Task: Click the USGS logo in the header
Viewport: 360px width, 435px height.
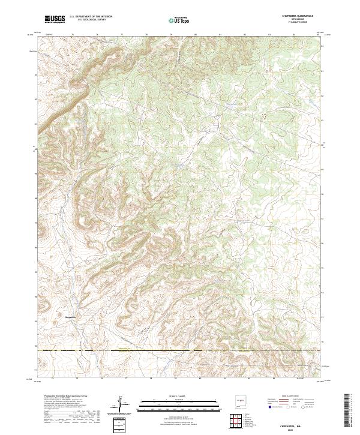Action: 55,19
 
